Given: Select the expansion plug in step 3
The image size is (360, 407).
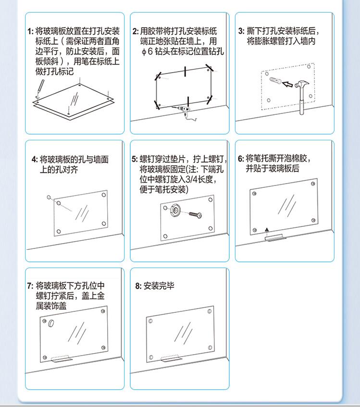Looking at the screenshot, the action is click(x=275, y=81).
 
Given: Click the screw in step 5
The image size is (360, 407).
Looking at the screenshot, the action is click(x=195, y=215).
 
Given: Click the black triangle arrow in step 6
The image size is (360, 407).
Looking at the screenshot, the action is click(x=267, y=230).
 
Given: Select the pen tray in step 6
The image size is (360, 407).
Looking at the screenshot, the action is click(x=274, y=237).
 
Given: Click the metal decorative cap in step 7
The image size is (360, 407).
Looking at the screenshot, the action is click(x=51, y=323).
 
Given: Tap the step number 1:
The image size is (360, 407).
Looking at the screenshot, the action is click(x=31, y=32).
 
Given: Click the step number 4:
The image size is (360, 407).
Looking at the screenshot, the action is click(x=35, y=160).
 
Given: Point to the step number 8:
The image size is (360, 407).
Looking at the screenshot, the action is click(x=138, y=286).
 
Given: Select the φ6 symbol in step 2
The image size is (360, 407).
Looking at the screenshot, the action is click(x=147, y=51).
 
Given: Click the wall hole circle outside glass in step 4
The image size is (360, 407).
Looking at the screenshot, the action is click(x=49, y=197).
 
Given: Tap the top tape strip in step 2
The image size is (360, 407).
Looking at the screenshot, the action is click(x=185, y=72).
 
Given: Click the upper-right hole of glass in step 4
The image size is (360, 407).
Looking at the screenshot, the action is click(x=103, y=195).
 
